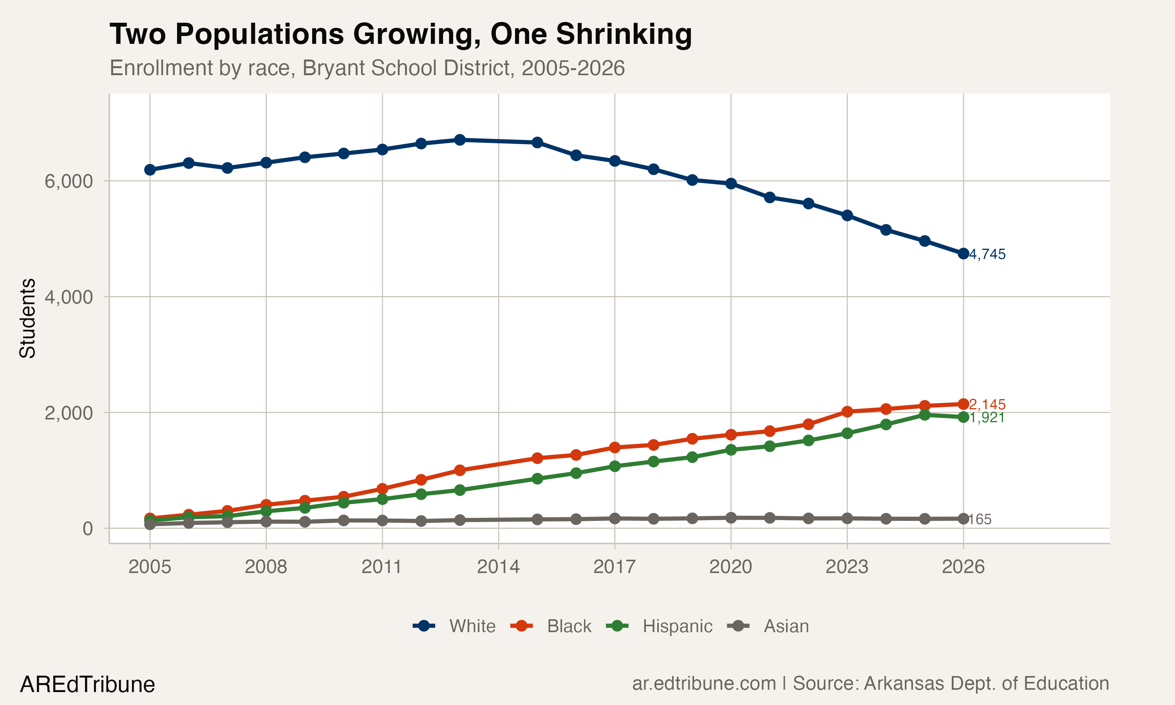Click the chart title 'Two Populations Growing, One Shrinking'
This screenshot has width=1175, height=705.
point(400,35)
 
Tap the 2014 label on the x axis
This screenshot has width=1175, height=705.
point(498,567)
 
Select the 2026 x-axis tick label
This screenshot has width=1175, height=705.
point(963,567)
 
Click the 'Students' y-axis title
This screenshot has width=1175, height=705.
point(27,318)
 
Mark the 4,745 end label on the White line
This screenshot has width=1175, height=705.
point(987,255)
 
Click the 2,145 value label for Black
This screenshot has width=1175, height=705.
point(987,405)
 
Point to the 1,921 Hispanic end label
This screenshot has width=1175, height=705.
point(987,418)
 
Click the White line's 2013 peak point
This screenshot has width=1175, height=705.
point(460,140)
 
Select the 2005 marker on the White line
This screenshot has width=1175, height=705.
point(150,170)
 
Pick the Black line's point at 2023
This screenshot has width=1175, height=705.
point(847,411)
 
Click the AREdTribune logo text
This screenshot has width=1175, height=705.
point(87,685)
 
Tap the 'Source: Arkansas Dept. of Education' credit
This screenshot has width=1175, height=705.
point(951,683)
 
